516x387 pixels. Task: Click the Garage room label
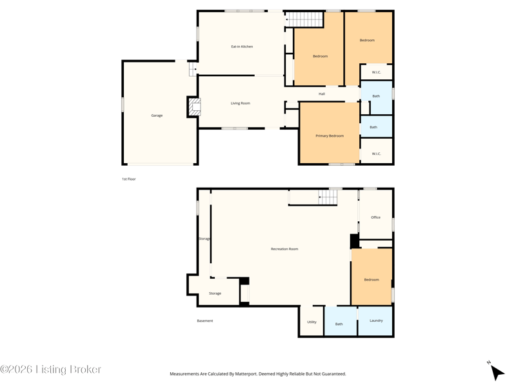click(x=157, y=115)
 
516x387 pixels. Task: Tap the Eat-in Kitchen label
click(x=242, y=46)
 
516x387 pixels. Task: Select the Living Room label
click(x=240, y=103)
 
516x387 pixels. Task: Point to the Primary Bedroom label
click(x=330, y=136)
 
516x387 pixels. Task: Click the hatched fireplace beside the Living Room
click(x=195, y=106)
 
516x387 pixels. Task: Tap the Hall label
click(x=321, y=94)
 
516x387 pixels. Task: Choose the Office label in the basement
click(x=375, y=217)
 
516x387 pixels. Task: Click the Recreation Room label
click(x=284, y=249)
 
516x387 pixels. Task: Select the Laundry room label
click(x=376, y=321)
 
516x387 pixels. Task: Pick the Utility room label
click(x=312, y=322)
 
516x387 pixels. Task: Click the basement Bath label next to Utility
click(x=339, y=324)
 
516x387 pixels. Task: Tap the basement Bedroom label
click(x=372, y=280)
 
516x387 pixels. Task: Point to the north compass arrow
click(x=497, y=372)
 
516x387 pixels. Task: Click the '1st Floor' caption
click(x=128, y=179)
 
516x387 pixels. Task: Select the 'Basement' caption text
click(x=204, y=321)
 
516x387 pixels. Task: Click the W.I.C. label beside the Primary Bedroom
click(x=376, y=154)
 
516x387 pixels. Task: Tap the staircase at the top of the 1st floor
click(x=304, y=19)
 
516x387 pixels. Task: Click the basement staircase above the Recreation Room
click(x=328, y=197)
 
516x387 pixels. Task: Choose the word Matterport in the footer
click(x=246, y=374)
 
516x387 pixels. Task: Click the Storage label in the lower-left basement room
click(x=215, y=293)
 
